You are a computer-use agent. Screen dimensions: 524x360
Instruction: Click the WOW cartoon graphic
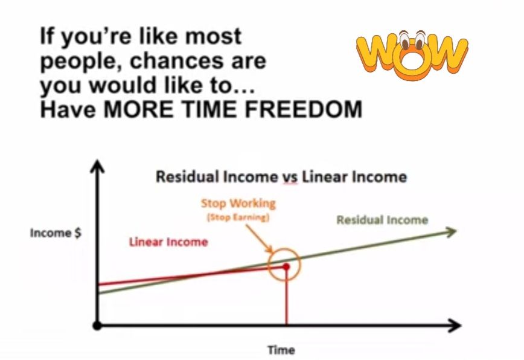point(412,55)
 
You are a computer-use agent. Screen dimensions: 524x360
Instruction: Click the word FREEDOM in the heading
point(304,109)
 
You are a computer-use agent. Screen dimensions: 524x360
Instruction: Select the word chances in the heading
point(177,61)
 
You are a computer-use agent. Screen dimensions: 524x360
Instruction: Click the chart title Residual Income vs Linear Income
point(281,176)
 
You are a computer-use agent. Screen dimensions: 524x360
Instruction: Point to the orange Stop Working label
point(238,203)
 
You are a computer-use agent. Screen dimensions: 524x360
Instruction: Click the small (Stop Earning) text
point(238,217)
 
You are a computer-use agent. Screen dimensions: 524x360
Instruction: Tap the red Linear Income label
point(168,242)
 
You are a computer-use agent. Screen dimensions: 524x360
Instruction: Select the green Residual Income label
point(382,220)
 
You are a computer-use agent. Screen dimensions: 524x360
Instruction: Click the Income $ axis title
point(56,233)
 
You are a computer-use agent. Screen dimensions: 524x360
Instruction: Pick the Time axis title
point(281,350)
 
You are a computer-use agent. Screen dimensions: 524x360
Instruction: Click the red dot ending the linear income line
point(286,266)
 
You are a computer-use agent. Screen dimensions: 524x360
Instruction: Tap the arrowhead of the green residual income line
point(452,231)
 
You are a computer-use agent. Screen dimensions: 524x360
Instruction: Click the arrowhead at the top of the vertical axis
point(97,166)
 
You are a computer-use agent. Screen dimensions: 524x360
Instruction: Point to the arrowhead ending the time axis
point(455,325)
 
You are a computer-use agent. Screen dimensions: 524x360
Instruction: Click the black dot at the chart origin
point(97,325)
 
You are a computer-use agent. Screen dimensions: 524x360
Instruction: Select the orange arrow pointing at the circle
point(260,239)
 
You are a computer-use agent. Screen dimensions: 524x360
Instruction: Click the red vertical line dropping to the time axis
point(286,297)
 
